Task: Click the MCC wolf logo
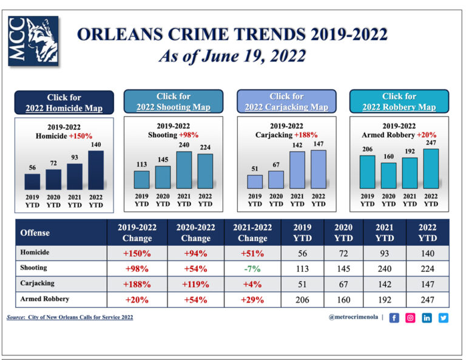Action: coord(33,41)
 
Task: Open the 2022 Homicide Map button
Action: coord(64,103)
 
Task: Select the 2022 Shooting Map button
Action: coord(174,101)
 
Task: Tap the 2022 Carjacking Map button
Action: coord(286,101)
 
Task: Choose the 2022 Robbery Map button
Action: coord(399,101)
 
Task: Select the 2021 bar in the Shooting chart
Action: coord(184,169)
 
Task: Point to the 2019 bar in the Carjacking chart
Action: coord(255,182)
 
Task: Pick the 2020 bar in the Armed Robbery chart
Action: coord(388,175)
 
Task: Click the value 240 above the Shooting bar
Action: coord(184,146)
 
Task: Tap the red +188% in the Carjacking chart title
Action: coord(306,135)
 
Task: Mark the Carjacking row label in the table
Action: coord(38,284)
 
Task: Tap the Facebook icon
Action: coord(394,318)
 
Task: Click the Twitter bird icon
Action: coord(444,318)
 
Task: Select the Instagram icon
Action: coord(411,318)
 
